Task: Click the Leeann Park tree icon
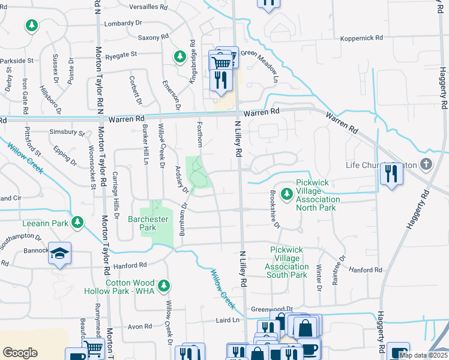77,223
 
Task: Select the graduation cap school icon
60,254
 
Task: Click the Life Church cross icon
426,164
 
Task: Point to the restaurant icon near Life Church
392,174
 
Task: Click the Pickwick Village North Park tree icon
287,194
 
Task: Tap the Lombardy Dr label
122,23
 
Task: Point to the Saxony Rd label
154,37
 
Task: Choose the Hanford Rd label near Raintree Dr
366,270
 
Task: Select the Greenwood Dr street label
272,308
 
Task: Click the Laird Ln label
228,320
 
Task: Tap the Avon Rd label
139,326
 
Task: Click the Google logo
20,352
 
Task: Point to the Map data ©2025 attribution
423,355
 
